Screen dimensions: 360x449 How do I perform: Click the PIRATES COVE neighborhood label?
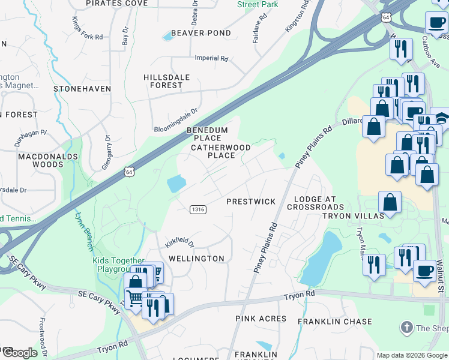point(116,4)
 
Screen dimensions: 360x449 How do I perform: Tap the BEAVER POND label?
point(200,33)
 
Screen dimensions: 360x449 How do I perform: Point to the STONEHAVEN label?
point(82,89)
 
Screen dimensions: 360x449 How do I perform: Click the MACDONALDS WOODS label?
point(48,160)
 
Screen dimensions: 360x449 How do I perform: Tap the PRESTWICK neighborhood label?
point(250,202)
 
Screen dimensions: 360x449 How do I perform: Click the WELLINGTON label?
point(196,259)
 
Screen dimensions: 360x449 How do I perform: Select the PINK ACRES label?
point(261,319)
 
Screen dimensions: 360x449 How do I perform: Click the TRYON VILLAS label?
point(353,216)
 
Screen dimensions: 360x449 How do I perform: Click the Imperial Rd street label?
point(212,59)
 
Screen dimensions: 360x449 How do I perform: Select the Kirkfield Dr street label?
point(180,242)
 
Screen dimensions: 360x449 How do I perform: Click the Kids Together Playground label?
point(118,265)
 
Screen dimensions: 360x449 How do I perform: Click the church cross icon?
point(406,328)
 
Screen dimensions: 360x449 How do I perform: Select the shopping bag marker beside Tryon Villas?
point(390,202)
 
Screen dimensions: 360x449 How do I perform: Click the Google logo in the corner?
point(20,353)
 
